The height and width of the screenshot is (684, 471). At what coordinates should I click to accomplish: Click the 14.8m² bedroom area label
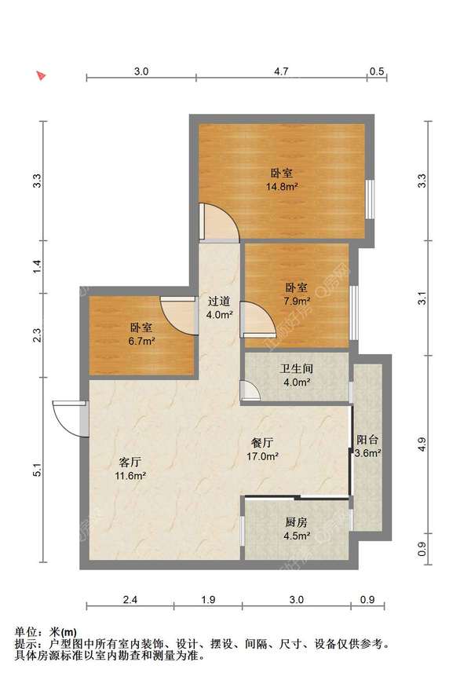click(282, 187)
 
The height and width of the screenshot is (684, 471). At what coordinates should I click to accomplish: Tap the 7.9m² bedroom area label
click(297, 301)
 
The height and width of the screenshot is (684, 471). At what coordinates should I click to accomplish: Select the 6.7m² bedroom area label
click(141, 341)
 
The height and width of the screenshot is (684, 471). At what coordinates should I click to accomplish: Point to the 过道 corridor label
click(219, 301)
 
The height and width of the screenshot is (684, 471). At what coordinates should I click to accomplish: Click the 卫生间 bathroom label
click(296, 368)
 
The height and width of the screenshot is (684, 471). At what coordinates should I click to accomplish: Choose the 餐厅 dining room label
click(262, 443)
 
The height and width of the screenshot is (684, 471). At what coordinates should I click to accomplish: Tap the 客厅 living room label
click(130, 462)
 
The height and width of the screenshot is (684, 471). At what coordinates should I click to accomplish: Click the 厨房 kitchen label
click(297, 521)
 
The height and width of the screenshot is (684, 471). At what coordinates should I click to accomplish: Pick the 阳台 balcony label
click(367, 440)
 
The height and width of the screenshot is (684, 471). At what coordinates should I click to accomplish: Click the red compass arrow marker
click(41, 76)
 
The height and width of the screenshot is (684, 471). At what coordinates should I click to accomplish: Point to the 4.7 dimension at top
click(281, 71)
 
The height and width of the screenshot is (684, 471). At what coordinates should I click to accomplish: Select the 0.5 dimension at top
click(377, 71)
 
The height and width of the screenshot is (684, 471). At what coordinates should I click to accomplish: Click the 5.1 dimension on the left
click(38, 470)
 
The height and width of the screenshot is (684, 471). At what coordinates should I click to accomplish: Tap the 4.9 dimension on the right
click(422, 444)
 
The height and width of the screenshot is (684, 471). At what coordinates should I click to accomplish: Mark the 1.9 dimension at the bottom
click(209, 599)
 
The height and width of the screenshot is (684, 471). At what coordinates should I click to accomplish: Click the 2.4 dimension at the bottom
click(130, 599)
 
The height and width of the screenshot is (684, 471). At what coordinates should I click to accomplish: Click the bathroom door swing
click(250, 390)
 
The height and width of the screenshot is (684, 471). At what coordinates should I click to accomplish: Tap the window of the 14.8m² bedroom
click(370, 199)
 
